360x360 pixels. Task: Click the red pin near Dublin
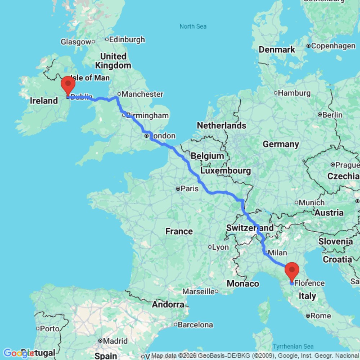(x=68, y=85)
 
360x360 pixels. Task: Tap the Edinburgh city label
(x=127, y=40)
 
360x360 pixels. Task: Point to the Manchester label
(x=142, y=94)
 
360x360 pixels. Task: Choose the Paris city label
(x=190, y=188)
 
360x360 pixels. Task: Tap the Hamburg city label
(x=293, y=93)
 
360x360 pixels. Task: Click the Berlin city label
(x=333, y=114)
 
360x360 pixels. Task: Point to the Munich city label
(x=311, y=203)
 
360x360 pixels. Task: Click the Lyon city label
(x=220, y=247)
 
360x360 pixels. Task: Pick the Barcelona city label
(x=196, y=325)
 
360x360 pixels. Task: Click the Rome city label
(x=320, y=316)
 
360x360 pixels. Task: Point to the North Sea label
(x=193, y=26)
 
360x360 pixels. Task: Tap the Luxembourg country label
(x=225, y=170)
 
